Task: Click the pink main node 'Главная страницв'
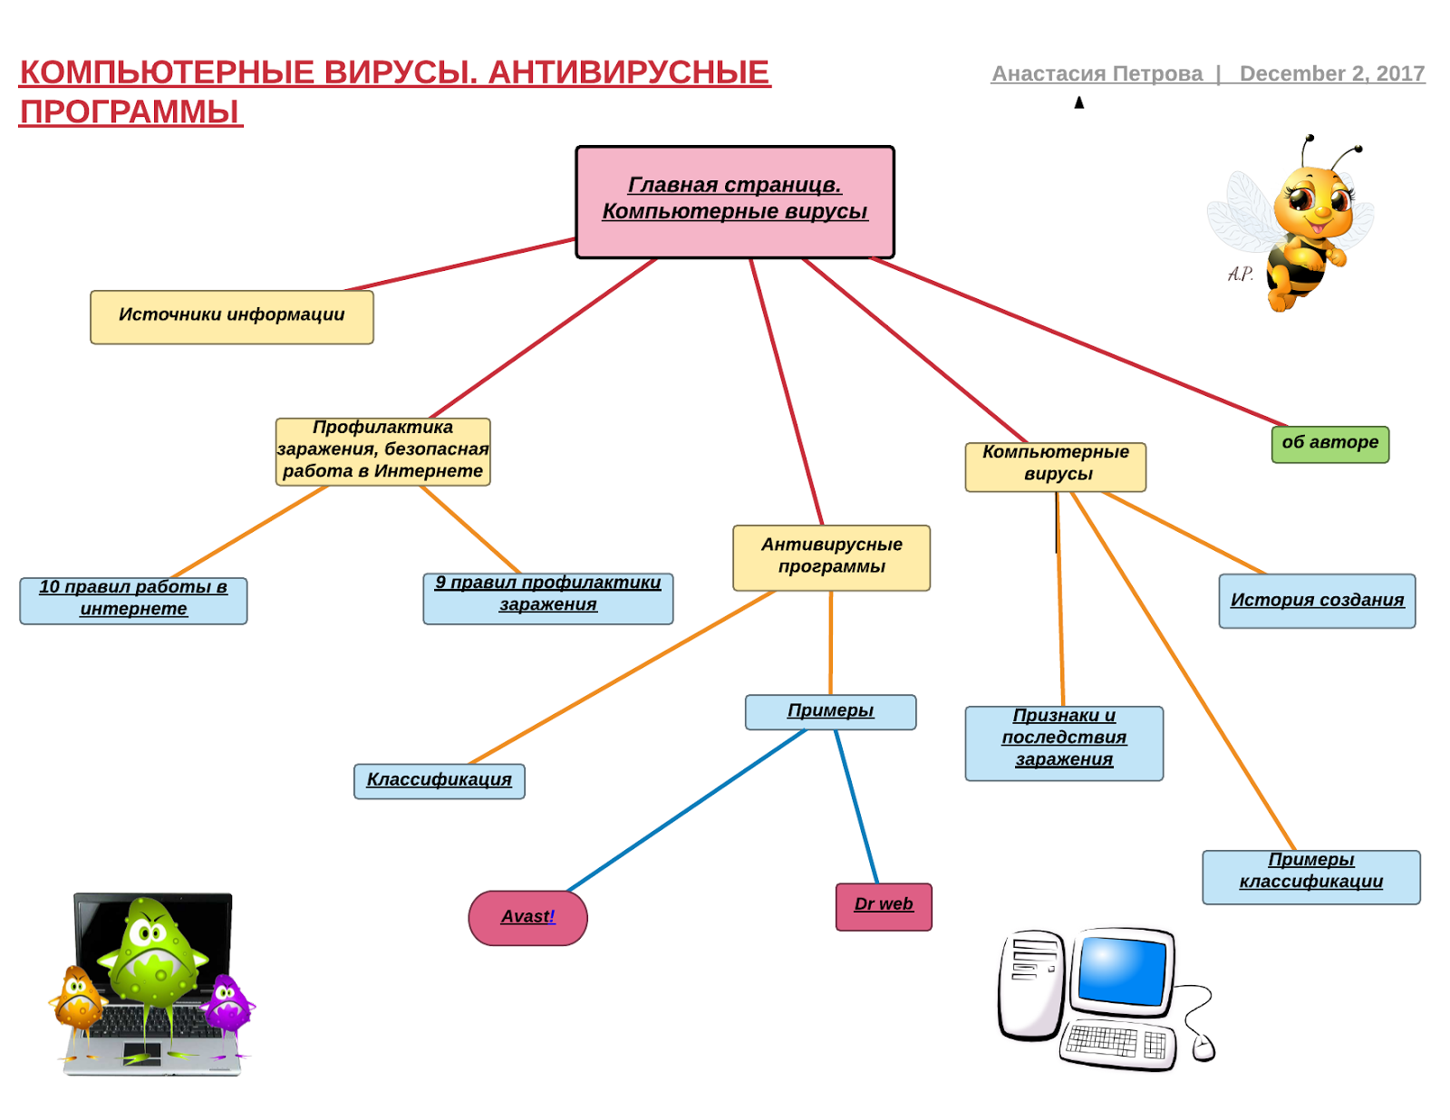click(x=734, y=201)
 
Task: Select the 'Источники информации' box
click(x=231, y=316)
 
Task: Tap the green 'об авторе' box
click(x=1329, y=444)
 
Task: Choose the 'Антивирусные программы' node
click(x=831, y=557)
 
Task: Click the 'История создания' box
click(x=1316, y=601)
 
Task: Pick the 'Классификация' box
click(x=439, y=780)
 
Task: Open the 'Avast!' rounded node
click(x=527, y=917)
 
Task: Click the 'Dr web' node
click(x=884, y=906)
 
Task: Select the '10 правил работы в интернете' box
click(x=133, y=600)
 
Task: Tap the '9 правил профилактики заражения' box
click(x=547, y=597)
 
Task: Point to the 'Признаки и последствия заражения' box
click(x=1063, y=742)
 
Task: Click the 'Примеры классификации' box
click(x=1310, y=875)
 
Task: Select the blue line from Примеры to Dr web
click(x=856, y=806)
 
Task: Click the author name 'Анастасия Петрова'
click(x=1097, y=74)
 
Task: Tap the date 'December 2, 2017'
click(x=1331, y=74)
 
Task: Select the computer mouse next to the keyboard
click(x=1203, y=1048)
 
